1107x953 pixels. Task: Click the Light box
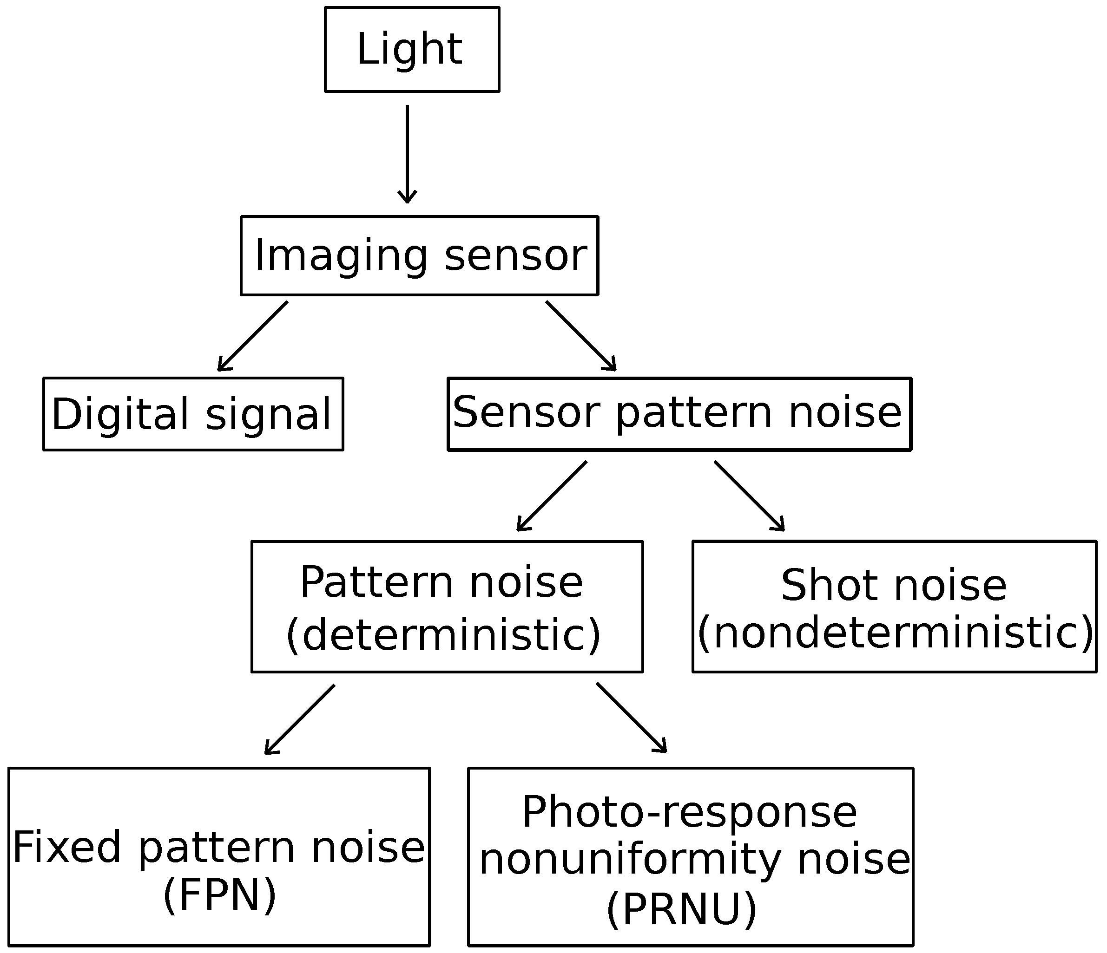[411, 49]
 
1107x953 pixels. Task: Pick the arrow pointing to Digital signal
[253, 336]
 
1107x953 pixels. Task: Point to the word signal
[269, 414]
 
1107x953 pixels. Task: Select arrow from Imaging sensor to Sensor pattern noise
[581, 336]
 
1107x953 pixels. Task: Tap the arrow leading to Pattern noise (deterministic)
[552, 496]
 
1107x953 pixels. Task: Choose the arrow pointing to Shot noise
[749, 496]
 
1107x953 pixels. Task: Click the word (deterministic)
[443, 635]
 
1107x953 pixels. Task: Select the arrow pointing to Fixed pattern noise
[300, 720]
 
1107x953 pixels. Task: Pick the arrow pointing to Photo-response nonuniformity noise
[632, 718]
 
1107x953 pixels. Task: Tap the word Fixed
[67, 847]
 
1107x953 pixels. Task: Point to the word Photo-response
[689, 813]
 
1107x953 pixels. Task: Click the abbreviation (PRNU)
[682, 909]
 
